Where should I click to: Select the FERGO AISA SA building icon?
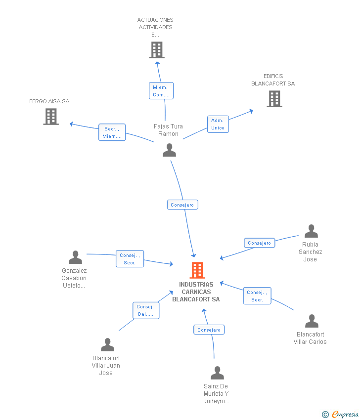(51, 117)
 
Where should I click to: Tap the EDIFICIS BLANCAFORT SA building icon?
(274, 99)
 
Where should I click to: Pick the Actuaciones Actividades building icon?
(157, 50)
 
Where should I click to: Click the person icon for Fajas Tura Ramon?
(170, 150)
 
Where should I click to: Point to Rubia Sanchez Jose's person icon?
(311, 231)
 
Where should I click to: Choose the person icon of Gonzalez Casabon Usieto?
(75, 257)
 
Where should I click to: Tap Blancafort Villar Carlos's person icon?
(312, 321)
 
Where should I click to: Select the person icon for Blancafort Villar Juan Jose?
(107, 345)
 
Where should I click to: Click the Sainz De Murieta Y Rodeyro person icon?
(217, 373)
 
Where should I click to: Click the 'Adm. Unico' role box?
(218, 125)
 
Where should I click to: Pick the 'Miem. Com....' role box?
(161, 91)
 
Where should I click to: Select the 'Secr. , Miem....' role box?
(112, 132)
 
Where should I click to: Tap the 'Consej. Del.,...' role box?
(146, 310)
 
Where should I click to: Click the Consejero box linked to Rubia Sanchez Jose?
(260, 243)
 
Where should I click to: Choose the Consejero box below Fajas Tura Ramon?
(182, 205)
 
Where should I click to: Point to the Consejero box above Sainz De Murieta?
(209, 330)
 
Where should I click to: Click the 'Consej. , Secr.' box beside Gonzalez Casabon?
(130, 259)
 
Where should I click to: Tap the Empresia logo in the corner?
(340, 414)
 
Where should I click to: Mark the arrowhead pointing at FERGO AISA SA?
(72, 124)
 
